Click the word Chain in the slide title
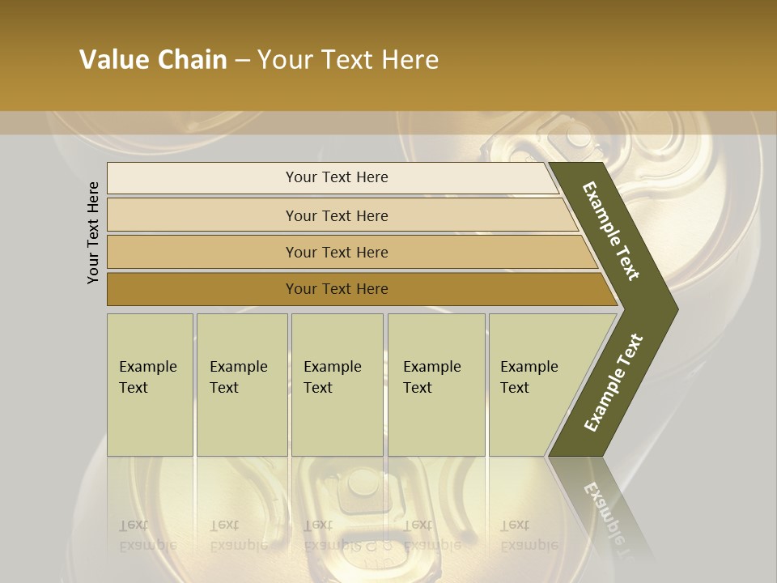[x=193, y=60]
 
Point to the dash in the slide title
[x=242, y=61]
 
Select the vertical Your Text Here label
[x=93, y=232]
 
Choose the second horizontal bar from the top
[x=336, y=215]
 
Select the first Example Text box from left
[x=150, y=384]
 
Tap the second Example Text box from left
[x=242, y=384]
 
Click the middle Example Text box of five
[x=337, y=384]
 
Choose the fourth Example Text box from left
[x=436, y=384]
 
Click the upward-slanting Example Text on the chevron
[x=614, y=382]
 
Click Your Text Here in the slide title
[x=348, y=60]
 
